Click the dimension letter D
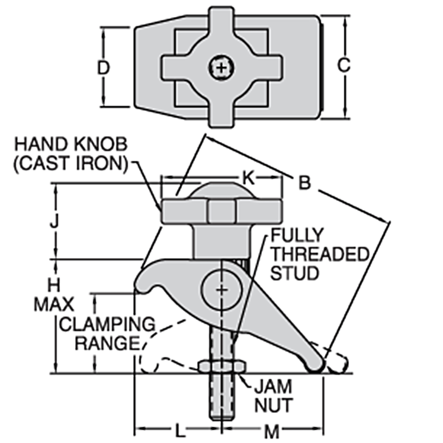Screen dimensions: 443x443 coord(103,68)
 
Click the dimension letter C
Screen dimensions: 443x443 coord(344,65)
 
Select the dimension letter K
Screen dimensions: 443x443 coord(249,178)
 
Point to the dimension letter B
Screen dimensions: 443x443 coord(305,183)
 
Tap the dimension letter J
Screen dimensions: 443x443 coord(54,221)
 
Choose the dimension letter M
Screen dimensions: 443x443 coord(272,431)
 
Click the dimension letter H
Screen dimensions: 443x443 coord(54,285)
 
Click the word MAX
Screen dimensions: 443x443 coord(54,304)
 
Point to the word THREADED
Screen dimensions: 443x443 coord(320,254)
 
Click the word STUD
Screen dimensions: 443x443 coord(295,273)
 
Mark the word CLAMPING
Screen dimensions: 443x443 coord(107,324)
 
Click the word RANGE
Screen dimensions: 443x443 coord(108,343)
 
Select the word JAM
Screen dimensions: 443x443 coord(273,386)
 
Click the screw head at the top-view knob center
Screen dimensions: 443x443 coord(222,68)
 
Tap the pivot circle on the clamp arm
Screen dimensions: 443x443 coord(222,290)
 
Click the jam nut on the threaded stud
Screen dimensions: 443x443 coord(222,367)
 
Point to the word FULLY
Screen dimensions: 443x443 coord(297,235)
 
